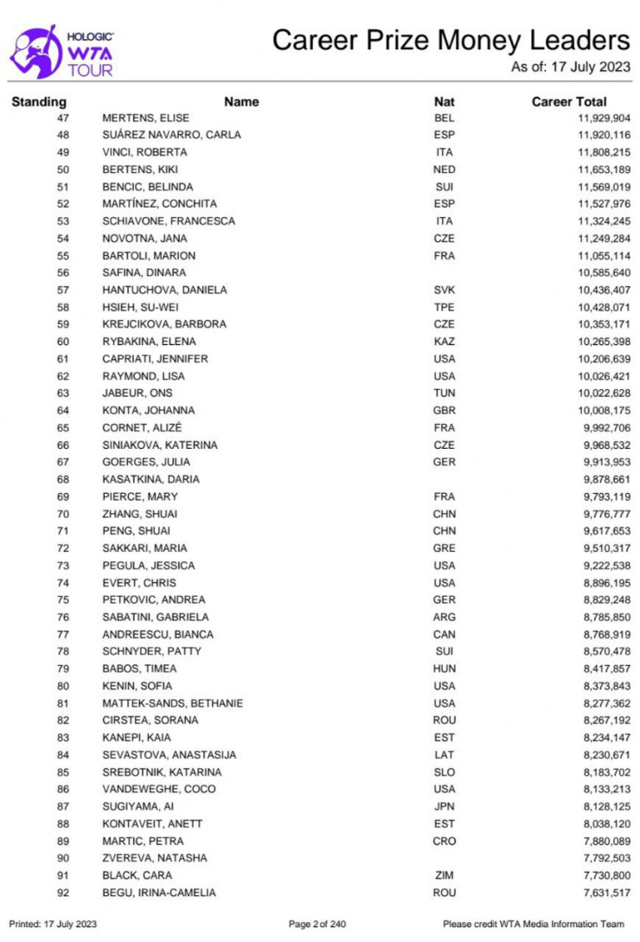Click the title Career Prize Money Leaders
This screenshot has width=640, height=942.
(451, 40)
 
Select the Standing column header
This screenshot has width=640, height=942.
(39, 101)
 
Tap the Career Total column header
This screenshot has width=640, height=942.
(568, 101)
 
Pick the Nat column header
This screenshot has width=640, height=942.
(444, 101)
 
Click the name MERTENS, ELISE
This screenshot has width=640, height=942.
(145, 118)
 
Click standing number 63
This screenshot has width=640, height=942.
(63, 394)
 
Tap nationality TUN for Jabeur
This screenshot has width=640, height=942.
(444, 394)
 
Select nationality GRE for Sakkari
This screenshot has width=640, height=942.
(444, 548)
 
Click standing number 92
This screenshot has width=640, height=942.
(63, 893)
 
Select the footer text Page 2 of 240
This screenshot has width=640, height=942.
(317, 925)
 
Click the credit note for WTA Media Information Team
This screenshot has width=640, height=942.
(533, 925)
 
